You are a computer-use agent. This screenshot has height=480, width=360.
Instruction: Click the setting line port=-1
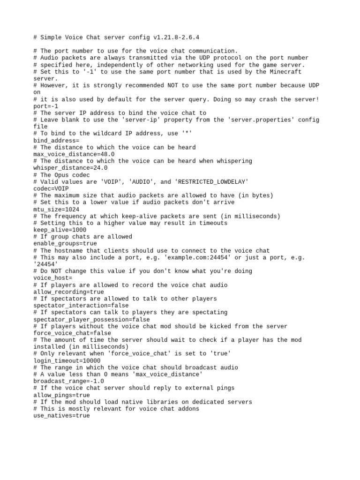coord(46,106)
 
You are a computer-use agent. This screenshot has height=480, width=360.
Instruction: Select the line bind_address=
coord(56,140)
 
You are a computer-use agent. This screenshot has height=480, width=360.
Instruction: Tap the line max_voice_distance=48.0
coord(74,154)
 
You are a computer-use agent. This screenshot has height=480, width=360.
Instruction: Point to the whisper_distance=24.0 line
coord(70,168)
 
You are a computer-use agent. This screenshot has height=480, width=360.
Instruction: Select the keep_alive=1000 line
coord(60,230)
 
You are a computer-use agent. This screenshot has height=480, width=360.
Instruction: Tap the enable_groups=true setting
coord(65,244)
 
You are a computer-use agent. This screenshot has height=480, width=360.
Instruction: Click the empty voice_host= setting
coord(53,278)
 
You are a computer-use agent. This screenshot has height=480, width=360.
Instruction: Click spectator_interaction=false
coord(81,306)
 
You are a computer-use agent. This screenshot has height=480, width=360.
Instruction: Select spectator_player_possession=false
coord(91,319)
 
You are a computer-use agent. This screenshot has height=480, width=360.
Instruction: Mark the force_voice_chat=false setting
coord(72,333)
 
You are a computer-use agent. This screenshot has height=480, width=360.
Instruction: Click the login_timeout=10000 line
coord(67,361)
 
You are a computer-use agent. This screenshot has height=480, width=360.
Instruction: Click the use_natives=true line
coord(61,416)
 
